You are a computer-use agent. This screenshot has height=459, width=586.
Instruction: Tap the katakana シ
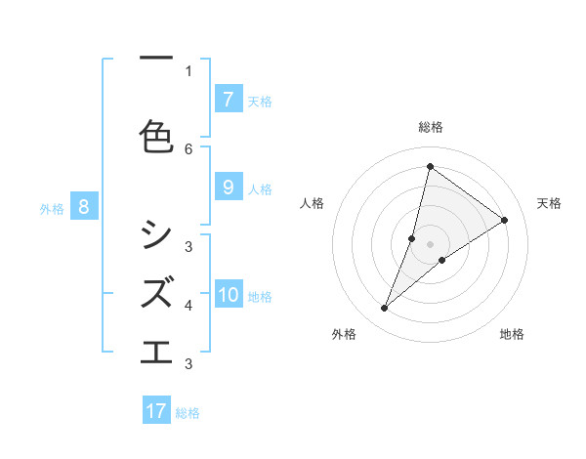pyautogui.click(x=156, y=233)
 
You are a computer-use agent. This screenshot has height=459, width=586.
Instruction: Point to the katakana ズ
pyautogui.click(x=157, y=291)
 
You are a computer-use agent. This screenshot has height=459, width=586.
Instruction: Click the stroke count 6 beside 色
pyautogui.click(x=188, y=148)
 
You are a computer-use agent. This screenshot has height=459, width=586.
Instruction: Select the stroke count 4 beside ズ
pyautogui.click(x=188, y=306)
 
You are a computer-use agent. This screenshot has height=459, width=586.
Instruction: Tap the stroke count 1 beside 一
pyautogui.click(x=188, y=70)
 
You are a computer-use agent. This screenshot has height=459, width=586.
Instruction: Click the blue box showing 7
pyautogui.click(x=228, y=99)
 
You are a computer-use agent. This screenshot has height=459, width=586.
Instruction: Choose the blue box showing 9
pyautogui.click(x=228, y=188)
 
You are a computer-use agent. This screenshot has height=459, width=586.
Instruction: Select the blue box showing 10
pyautogui.click(x=230, y=295)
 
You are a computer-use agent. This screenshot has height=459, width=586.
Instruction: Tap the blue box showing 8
pyautogui.click(x=84, y=206)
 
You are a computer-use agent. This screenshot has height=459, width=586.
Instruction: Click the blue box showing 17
pyautogui.click(x=156, y=411)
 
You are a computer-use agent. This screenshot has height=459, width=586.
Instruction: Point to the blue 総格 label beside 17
pyautogui.click(x=188, y=413)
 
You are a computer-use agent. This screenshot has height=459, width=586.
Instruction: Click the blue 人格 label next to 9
pyautogui.click(x=260, y=189)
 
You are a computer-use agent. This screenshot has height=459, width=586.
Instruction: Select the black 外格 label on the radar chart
pyautogui.click(x=344, y=334)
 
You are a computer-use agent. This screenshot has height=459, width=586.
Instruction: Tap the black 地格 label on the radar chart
pyautogui.click(x=512, y=334)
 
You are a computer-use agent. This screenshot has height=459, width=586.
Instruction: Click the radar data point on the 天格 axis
pyautogui.click(x=505, y=221)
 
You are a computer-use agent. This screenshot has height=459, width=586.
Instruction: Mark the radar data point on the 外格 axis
pyautogui.click(x=385, y=309)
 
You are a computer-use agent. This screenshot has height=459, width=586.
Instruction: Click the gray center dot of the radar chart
pyautogui.click(x=430, y=244)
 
